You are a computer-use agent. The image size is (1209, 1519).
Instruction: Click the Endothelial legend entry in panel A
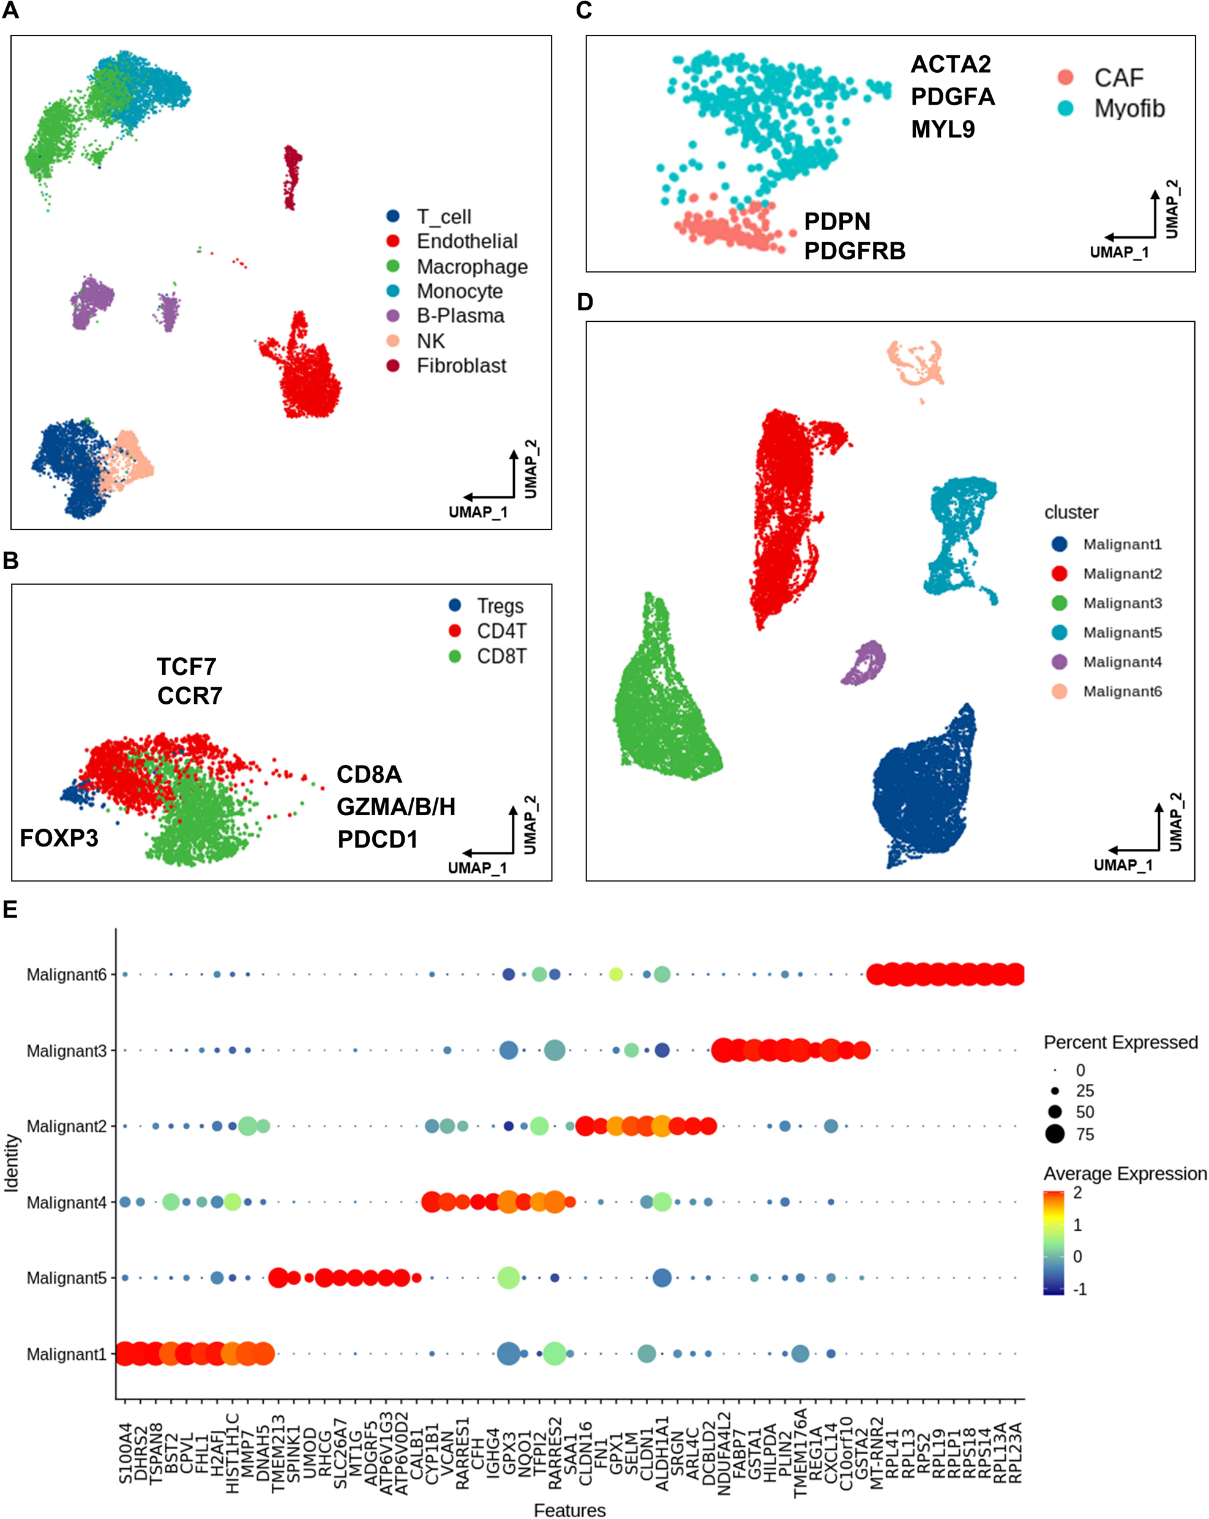[466, 242]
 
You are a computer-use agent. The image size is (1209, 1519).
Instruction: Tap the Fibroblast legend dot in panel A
[393, 365]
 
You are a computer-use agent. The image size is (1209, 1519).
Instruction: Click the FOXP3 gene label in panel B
[59, 838]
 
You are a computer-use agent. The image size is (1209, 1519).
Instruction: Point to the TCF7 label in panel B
[187, 666]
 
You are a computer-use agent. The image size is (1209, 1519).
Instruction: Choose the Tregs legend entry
[500, 606]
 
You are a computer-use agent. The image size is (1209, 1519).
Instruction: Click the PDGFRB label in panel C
[855, 251]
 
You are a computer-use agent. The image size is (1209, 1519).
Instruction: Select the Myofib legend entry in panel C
[1129, 108]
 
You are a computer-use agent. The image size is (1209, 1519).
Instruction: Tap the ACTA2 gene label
[951, 64]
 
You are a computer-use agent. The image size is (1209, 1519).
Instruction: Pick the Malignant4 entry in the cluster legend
[1121, 662]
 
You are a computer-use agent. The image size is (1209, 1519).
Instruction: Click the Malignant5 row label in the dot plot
[66, 1278]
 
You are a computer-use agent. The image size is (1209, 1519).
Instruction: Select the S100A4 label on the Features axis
[125, 1453]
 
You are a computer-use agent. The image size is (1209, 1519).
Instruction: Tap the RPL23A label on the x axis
[1015, 1453]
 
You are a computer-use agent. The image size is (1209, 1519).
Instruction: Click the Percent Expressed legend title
[1120, 1042]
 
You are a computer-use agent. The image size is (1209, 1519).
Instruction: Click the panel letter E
[10, 909]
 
